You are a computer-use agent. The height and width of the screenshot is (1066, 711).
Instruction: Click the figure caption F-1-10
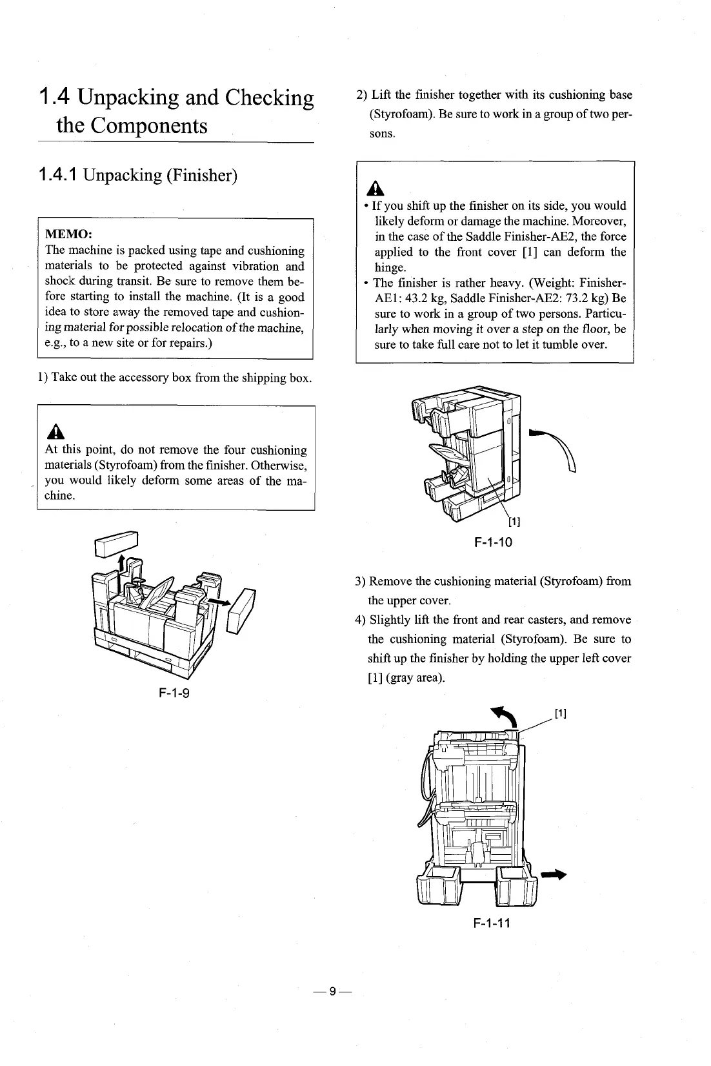[x=493, y=542]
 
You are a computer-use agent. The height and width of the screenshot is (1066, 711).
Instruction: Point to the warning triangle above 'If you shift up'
[x=376, y=189]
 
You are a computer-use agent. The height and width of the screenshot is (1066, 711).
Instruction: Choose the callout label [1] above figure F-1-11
[x=561, y=713]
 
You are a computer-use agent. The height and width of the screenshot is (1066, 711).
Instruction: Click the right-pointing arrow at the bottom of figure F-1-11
[x=553, y=875]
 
